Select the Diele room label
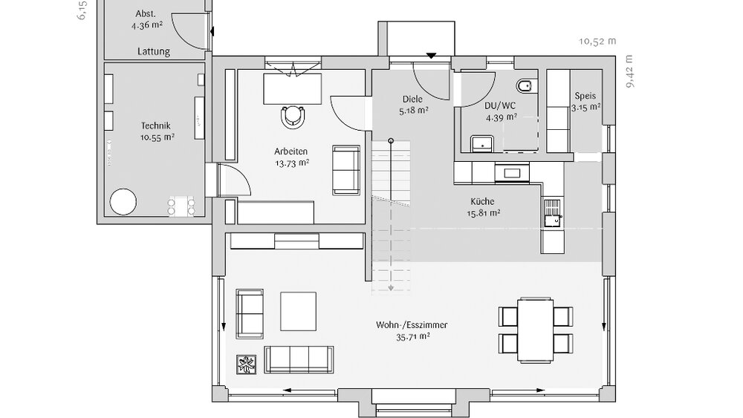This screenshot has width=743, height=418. pos(412,98)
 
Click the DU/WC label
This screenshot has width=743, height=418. pos(501,105)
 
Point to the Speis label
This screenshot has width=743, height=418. pos(585,97)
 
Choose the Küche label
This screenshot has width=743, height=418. pos(483,201)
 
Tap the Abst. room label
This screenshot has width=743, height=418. pos(146,14)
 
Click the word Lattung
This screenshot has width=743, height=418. pos(154,52)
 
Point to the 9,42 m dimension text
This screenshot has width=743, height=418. pos(631,71)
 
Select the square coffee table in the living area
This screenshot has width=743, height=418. pos(299,310)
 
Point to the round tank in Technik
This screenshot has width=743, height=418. pos(123,201)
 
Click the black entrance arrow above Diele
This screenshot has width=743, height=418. pos(432,55)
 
